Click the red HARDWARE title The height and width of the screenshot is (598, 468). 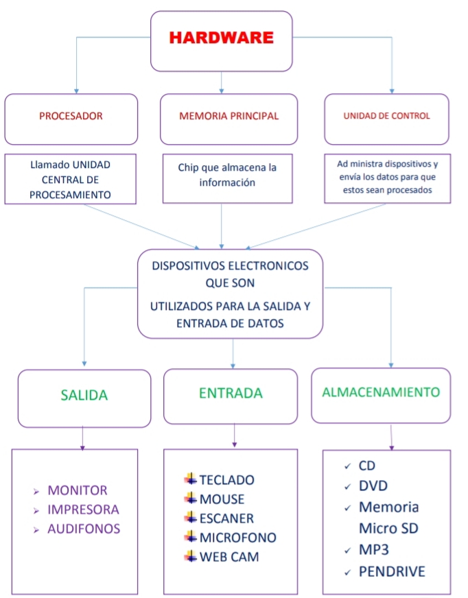pyautogui.click(x=221, y=38)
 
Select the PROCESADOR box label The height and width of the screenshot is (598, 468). pyautogui.click(x=71, y=116)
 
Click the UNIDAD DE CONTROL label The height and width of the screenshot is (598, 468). pyautogui.click(x=386, y=116)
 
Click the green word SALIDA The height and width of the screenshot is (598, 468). pyautogui.click(x=84, y=396)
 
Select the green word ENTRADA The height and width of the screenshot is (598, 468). pyautogui.click(x=231, y=393)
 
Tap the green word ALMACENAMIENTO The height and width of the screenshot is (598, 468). pyautogui.click(x=381, y=392)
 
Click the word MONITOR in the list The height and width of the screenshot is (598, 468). pyautogui.click(x=78, y=490)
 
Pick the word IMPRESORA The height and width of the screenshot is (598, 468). pyautogui.click(x=83, y=510)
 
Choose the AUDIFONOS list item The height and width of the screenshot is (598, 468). pyautogui.click(x=84, y=529)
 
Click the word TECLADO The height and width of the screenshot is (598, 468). pyautogui.click(x=226, y=480)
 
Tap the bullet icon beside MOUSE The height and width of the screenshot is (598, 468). pyautogui.click(x=190, y=499)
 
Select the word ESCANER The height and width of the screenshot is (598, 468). pyautogui.click(x=226, y=518)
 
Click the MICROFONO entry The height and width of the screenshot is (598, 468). pyautogui.click(x=237, y=538)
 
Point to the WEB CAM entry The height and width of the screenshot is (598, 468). pyautogui.click(x=229, y=557)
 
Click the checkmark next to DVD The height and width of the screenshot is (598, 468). pyautogui.click(x=347, y=487)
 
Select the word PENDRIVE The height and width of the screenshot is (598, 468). pyautogui.click(x=392, y=571)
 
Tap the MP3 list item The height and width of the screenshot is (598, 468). pyautogui.click(x=373, y=550)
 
